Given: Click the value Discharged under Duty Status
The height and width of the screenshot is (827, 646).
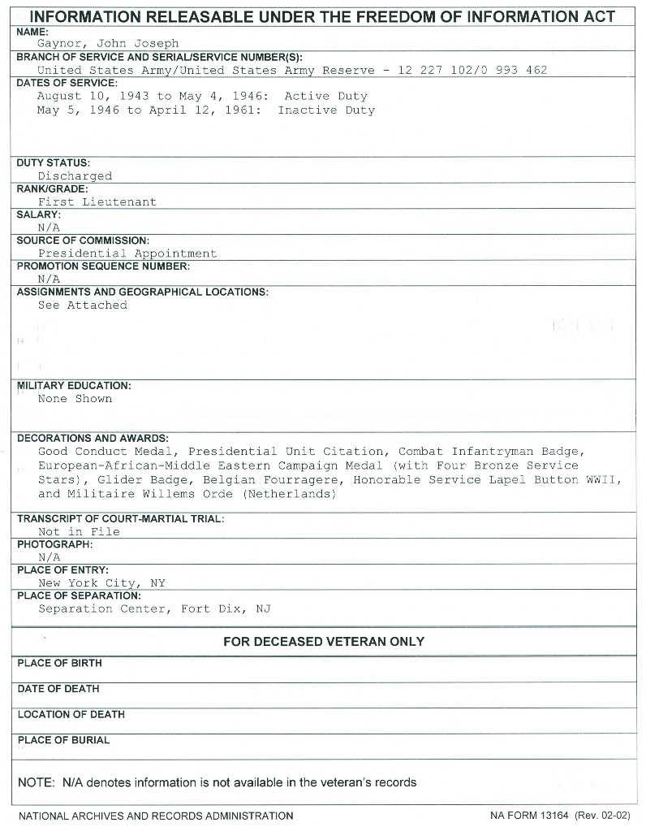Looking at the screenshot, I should tap(75, 176).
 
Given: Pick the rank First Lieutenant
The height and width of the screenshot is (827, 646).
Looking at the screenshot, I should tap(97, 202).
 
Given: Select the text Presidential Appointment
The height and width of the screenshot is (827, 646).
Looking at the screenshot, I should tap(127, 253).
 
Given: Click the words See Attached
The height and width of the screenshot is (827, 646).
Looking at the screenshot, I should tap(83, 305).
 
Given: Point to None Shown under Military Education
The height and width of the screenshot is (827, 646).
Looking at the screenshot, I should tap(75, 399).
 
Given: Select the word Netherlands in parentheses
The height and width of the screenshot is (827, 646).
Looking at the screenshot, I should tap(288, 494).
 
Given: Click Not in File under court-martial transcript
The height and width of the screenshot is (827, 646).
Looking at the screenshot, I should tap(79, 532).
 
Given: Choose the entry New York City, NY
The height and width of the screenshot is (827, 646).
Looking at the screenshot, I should tap(101, 583).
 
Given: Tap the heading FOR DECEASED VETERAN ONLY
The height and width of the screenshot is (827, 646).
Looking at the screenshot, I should tap(323, 642).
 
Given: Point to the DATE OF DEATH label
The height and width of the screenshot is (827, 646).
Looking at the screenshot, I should tap(58, 689).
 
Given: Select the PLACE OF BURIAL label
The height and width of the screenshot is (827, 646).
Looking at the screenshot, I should tap(63, 740).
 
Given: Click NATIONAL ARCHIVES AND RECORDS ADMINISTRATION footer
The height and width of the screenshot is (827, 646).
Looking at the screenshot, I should tap(155, 815).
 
